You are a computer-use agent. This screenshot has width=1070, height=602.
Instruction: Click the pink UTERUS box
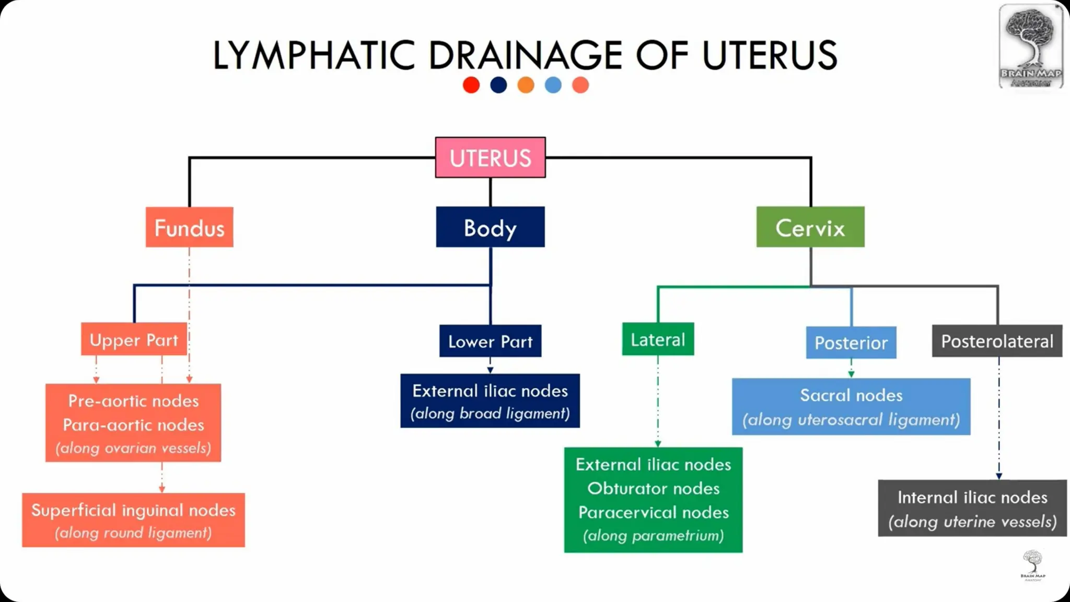point(490,157)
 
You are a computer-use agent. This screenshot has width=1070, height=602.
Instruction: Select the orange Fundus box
point(189,227)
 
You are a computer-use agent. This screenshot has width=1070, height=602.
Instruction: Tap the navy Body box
point(490,227)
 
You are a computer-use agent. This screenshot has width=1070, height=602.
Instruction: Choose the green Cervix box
point(810,227)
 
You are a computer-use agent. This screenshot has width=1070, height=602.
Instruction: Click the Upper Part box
point(134,340)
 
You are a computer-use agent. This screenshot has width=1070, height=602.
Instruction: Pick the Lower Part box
point(490,341)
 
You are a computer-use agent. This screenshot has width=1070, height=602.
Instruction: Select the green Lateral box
point(658,339)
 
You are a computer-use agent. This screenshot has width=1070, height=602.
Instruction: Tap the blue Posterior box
point(851,342)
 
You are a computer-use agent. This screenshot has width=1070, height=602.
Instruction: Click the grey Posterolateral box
point(997,341)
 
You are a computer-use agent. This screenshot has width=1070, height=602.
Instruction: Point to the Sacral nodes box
point(851,407)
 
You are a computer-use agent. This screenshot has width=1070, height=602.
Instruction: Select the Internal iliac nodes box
point(972,508)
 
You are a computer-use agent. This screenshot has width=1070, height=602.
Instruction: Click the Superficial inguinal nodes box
point(133,520)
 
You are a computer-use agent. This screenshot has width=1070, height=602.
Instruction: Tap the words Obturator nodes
point(653,488)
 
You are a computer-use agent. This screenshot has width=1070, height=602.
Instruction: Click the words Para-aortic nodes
point(133,424)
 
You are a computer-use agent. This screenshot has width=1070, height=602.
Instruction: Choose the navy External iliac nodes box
point(490,401)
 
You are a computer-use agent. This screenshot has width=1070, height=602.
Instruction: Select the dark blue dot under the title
point(498,85)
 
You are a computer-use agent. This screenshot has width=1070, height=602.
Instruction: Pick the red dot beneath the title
point(471,85)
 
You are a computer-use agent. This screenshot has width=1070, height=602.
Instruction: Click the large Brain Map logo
point(1030,46)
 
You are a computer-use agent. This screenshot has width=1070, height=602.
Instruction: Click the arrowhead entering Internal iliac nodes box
point(998,476)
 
